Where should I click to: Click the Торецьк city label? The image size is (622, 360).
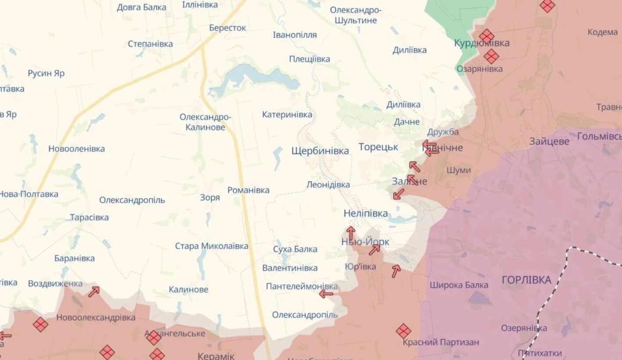[x=378, y=147]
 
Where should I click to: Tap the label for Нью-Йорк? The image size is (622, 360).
[x=365, y=242]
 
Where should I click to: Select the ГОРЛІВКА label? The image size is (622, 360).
[x=526, y=280]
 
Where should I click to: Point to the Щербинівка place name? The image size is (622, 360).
[x=320, y=151]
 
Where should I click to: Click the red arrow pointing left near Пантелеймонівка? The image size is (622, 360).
[x=326, y=294]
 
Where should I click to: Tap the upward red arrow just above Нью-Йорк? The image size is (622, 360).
[x=350, y=233]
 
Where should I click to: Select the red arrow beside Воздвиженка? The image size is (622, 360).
[x=94, y=292]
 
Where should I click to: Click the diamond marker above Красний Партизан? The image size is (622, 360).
[x=403, y=331]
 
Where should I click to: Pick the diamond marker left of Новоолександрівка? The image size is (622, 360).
[x=40, y=324]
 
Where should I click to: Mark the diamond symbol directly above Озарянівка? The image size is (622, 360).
[x=491, y=56]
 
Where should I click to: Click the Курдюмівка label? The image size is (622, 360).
[x=482, y=43]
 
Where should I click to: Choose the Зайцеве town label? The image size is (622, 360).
[x=549, y=141]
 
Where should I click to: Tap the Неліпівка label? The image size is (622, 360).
[x=366, y=214]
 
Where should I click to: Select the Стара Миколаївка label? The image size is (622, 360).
[x=212, y=246]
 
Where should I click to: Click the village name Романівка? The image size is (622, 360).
[x=248, y=190]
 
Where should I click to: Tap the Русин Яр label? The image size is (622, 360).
[x=46, y=73]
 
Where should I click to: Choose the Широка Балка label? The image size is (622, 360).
[x=459, y=285]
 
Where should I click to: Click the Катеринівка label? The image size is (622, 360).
[x=287, y=115]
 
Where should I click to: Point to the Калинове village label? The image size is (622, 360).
[x=188, y=290]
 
